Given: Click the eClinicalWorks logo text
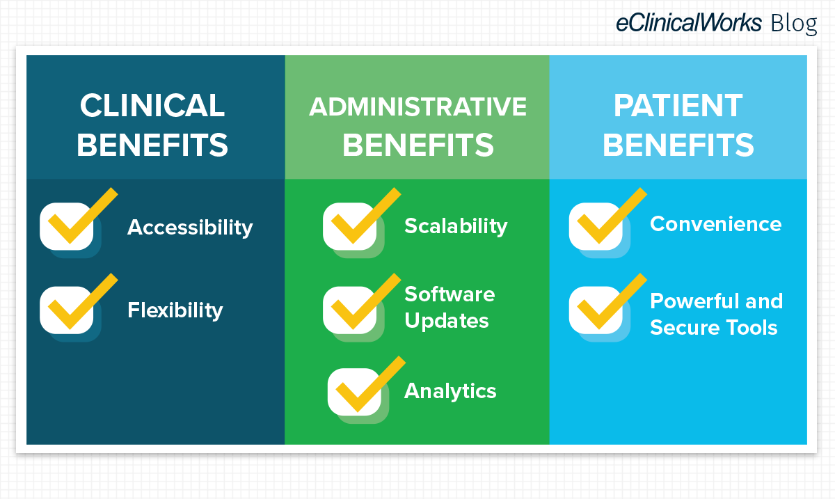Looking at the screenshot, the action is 688,22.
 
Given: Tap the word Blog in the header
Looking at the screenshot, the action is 794,24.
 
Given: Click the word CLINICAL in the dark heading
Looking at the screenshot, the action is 152,106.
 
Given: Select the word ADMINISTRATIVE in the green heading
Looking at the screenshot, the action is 418,106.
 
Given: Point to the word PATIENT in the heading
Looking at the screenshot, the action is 678,106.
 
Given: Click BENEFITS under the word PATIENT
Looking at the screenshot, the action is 678,145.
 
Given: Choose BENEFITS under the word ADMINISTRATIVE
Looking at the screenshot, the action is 418,145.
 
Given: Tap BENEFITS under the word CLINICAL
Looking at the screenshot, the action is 152,145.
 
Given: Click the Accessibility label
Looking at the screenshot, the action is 190,228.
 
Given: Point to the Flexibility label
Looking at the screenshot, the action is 175,310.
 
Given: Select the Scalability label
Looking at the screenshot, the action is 456,226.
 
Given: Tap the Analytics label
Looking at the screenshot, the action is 450,392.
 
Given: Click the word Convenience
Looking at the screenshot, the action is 716,224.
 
